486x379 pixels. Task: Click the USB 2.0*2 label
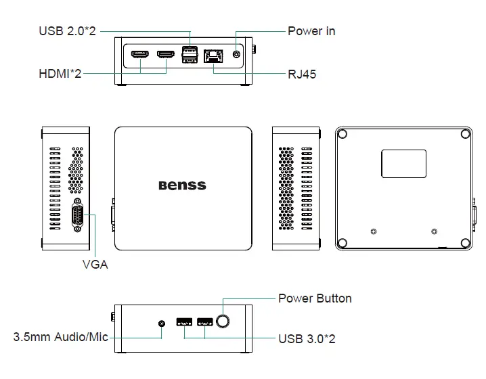pyautogui.click(x=68, y=31)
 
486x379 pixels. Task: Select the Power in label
pyautogui.click(x=311, y=31)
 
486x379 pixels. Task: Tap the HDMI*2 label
pyautogui.click(x=60, y=73)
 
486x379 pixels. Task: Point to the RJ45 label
pyautogui.click(x=302, y=74)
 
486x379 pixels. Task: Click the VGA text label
pyautogui.click(x=95, y=265)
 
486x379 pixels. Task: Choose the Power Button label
pyautogui.click(x=315, y=298)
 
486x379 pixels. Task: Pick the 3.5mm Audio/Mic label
pyautogui.click(x=61, y=337)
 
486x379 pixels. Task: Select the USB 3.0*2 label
pyautogui.click(x=307, y=338)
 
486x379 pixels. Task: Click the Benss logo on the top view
pyautogui.click(x=182, y=185)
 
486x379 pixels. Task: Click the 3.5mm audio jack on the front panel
pyautogui.click(x=161, y=322)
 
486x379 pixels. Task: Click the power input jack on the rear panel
pyautogui.click(x=236, y=54)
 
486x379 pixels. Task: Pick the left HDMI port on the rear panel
pyautogui.click(x=140, y=55)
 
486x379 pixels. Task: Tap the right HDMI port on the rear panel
pyautogui.click(x=165, y=55)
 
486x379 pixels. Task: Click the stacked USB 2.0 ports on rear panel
pyautogui.click(x=190, y=55)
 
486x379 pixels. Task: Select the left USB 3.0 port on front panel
pyautogui.click(x=183, y=322)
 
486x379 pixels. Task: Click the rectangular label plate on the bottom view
pyautogui.click(x=404, y=164)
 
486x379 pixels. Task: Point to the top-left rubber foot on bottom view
pyautogui.click(x=343, y=134)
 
